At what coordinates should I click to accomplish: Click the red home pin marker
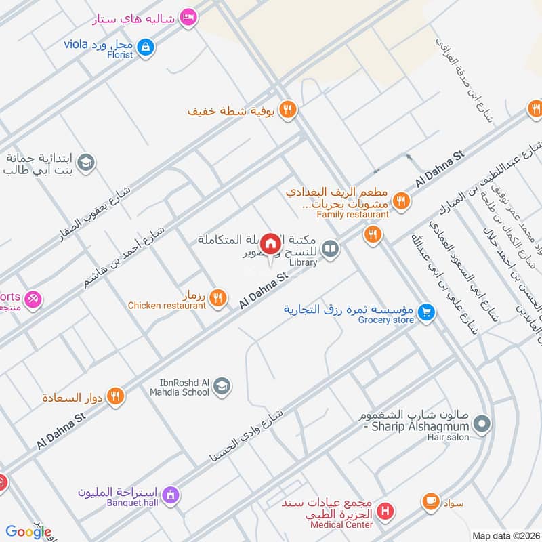270,243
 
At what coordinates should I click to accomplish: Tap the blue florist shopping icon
145,47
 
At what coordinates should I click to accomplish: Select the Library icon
330,249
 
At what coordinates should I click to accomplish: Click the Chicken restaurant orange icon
217,297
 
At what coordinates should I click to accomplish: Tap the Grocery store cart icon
426,312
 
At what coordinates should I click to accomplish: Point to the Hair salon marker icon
482,425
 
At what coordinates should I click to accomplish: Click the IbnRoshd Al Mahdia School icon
222,387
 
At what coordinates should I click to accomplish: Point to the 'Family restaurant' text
352,215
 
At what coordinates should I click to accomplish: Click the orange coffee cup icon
430,502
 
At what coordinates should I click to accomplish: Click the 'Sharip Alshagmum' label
421,427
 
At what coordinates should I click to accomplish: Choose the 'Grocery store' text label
386,320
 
